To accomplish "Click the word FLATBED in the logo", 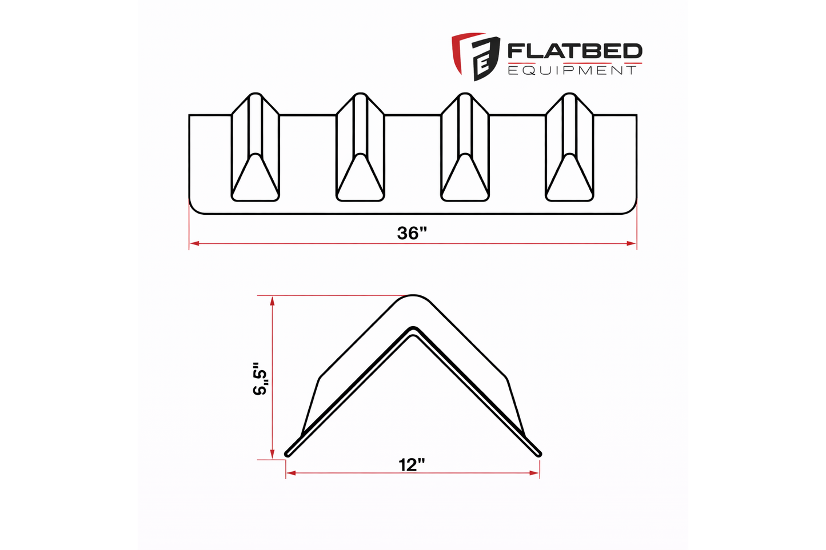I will click(574, 51).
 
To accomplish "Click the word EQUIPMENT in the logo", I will click(572, 70).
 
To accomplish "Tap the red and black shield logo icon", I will click(475, 56).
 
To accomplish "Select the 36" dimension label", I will click(412, 233).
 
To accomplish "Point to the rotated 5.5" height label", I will click(261, 378).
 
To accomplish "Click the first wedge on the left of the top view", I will click(255, 147).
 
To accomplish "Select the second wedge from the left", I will click(360, 147).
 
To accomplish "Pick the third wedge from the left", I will click(465, 147).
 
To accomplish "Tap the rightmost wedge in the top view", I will click(570, 147).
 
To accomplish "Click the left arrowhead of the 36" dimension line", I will click(194, 243).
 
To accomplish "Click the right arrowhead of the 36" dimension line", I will click(632, 243).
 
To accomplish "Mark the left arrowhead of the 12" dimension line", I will click(290, 473).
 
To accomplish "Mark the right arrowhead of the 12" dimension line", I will click(535, 473).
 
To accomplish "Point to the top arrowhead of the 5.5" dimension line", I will click(273, 300).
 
